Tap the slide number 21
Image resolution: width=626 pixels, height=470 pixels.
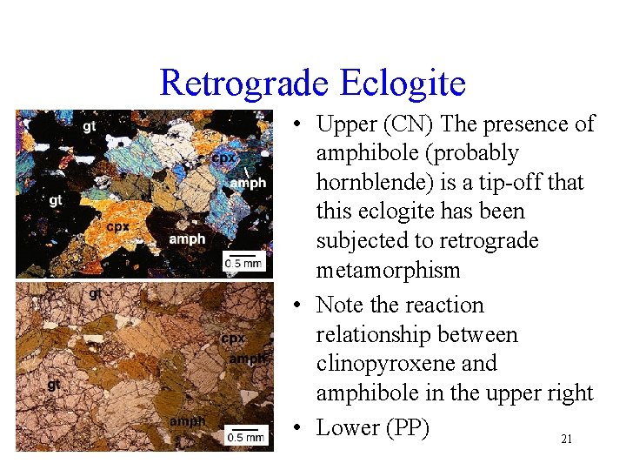point(566,440)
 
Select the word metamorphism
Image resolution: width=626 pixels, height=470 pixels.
point(388,271)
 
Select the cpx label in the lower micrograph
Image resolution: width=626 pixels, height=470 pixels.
point(233,338)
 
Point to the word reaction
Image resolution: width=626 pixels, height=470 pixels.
point(441,305)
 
